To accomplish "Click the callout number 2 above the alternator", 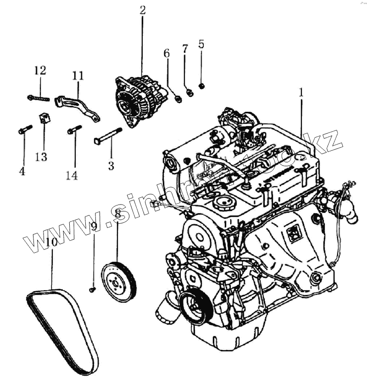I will (143, 10).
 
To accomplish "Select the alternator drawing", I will (138, 101).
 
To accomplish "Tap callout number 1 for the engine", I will (301, 93).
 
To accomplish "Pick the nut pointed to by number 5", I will (202, 86).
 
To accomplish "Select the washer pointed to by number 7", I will (189, 93).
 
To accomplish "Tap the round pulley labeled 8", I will (119, 280).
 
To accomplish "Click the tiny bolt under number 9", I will (92, 289).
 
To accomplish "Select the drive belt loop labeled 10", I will (62, 330).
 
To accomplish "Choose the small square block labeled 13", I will (44, 118).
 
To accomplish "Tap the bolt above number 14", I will (74, 130).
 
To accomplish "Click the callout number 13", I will (41, 157).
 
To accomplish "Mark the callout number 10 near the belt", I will (51, 242).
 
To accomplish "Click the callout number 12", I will (40, 70).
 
